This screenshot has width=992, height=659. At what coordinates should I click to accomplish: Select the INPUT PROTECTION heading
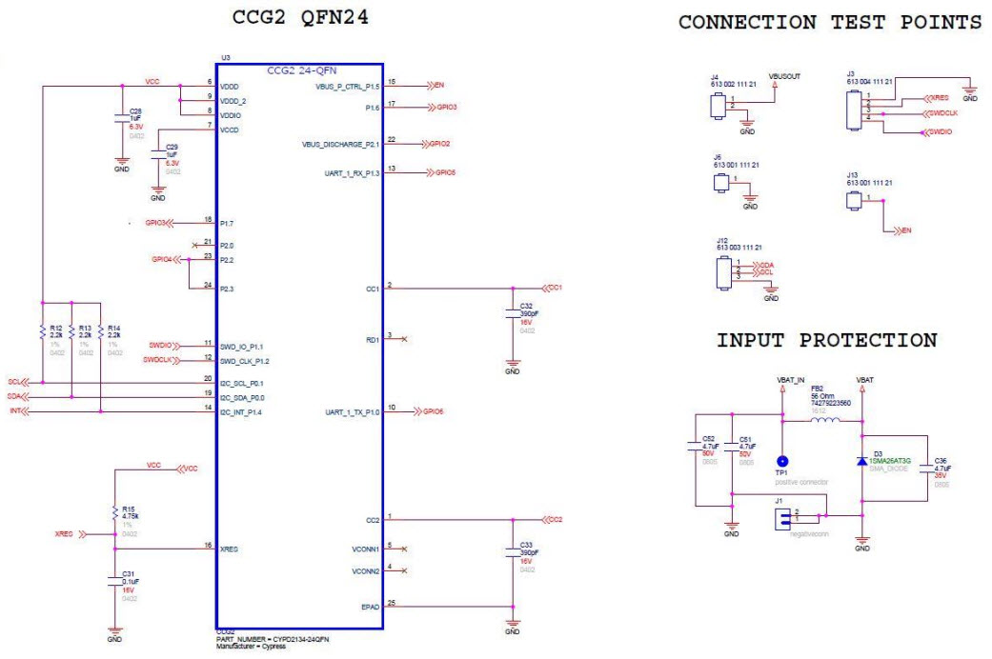coord(826,340)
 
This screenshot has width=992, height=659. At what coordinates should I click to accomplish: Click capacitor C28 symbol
coord(121,120)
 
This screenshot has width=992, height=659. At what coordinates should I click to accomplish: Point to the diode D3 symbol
coord(861,461)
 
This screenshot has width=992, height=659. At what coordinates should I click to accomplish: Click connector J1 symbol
coord(782,518)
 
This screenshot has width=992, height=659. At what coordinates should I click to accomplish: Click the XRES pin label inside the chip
coord(229,549)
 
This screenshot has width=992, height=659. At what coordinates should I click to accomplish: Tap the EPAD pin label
coord(371,607)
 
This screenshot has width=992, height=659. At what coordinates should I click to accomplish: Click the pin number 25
coord(392,603)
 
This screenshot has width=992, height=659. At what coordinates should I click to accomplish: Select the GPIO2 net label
coord(438,144)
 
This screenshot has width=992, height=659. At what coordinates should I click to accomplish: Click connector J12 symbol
coord(725,270)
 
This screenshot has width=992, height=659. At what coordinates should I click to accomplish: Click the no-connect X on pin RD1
coord(405,339)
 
